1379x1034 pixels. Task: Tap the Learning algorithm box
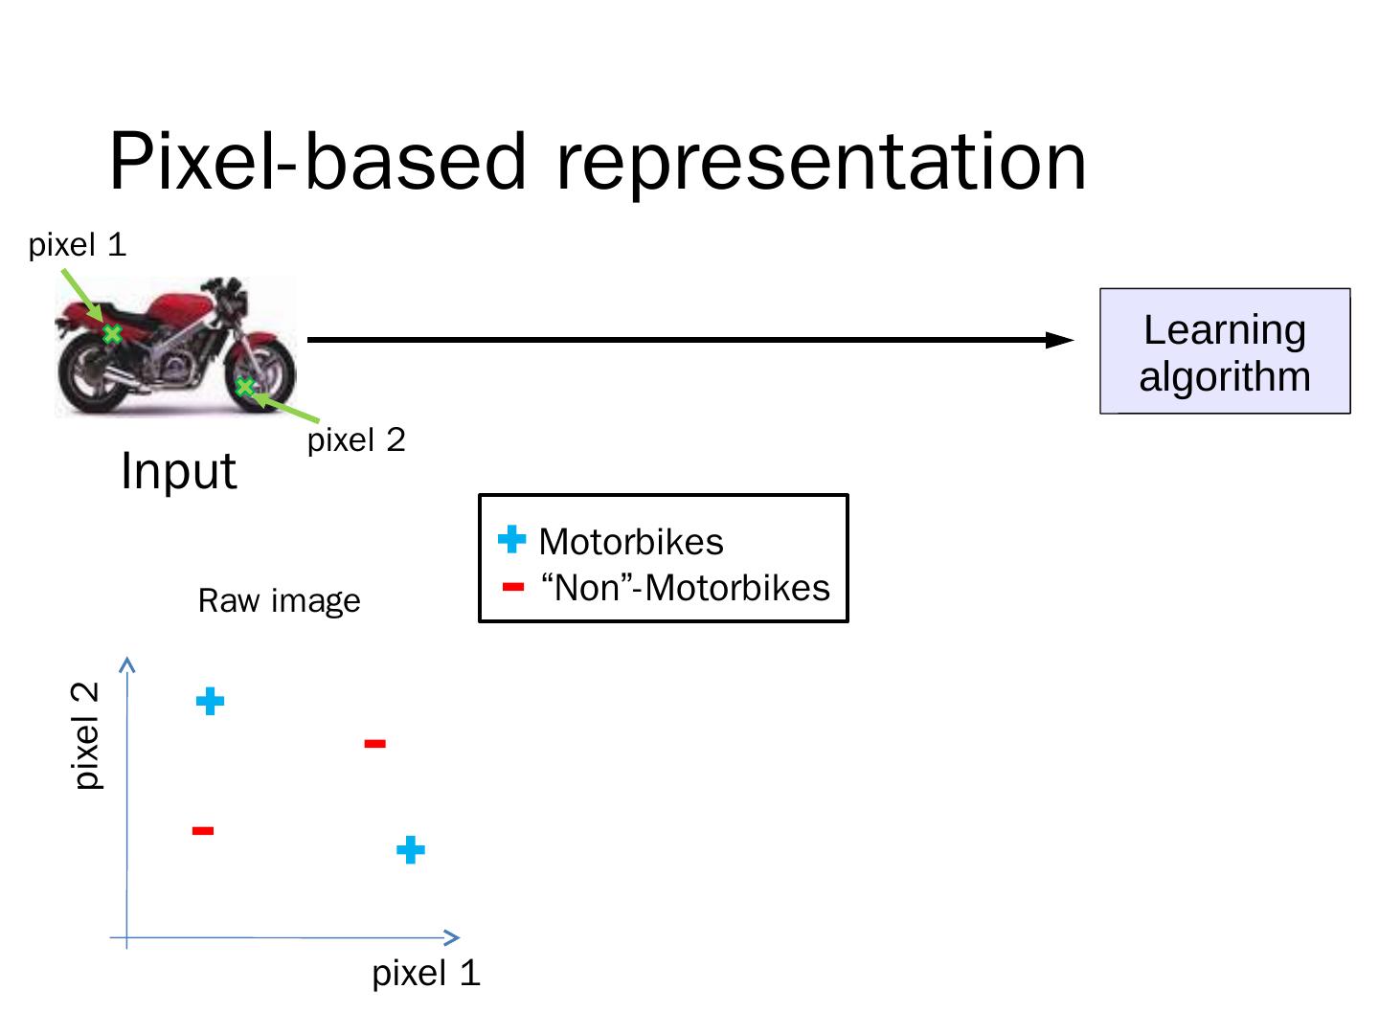1224,351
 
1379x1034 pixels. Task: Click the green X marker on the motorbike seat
112,334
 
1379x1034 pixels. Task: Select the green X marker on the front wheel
245,387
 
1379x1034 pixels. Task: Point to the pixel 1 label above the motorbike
78,245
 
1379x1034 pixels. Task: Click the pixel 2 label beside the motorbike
356,440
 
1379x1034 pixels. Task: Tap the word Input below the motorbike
178,471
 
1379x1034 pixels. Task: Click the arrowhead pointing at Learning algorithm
1060,340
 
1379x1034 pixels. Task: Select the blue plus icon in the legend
512,540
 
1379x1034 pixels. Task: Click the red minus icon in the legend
513,587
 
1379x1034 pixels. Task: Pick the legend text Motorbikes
631,542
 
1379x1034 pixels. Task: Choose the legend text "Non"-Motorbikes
686,587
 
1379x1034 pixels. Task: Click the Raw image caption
279,601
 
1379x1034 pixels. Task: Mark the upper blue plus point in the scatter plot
210,702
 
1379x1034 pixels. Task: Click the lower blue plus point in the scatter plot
410,850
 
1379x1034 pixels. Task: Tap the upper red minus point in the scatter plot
375,743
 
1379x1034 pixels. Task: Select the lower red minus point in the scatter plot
202,831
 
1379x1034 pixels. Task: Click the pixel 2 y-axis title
88,735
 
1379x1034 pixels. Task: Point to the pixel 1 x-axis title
426,974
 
